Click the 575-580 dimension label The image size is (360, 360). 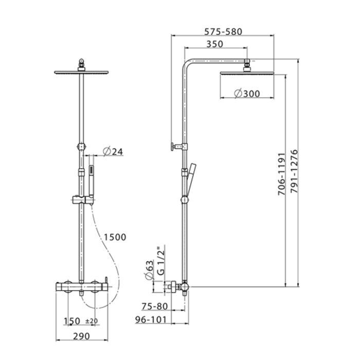click(x=223, y=32)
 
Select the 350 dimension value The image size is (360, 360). click(x=214, y=44)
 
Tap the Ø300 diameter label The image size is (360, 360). click(x=247, y=94)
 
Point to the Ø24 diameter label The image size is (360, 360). click(x=113, y=152)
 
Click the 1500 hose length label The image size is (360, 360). click(x=115, y=237)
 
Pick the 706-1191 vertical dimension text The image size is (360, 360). click(x=281, y=174)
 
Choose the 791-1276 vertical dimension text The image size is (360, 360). click(x=294, y=171)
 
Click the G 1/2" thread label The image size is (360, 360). click(x=161, y=260)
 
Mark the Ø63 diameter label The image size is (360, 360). click(x=149, y=270)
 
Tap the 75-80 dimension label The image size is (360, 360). click(x=155, y=307)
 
